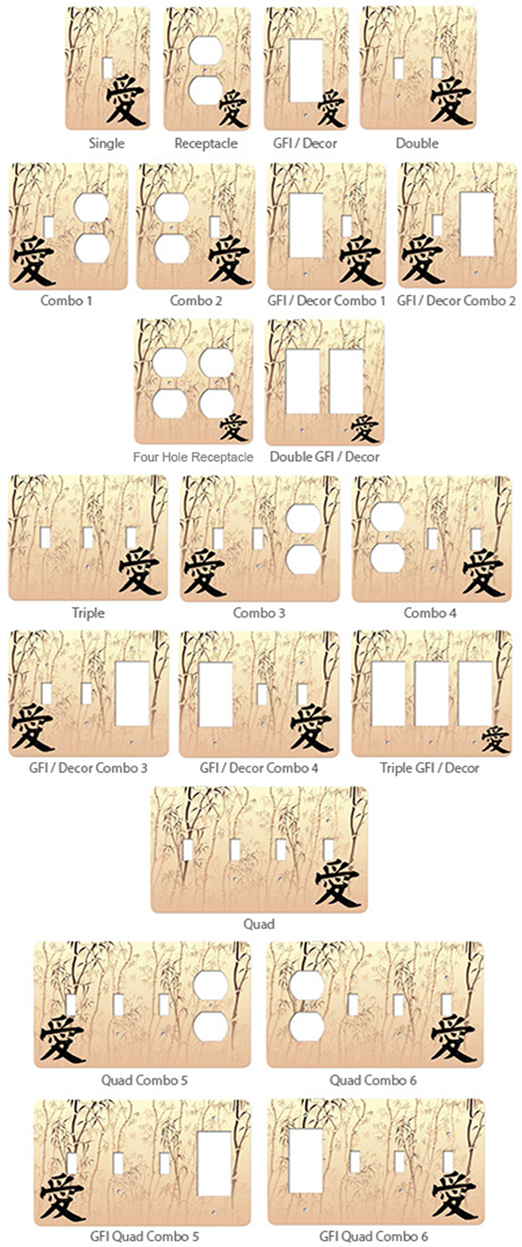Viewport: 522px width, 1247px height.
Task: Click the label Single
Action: point(106,143)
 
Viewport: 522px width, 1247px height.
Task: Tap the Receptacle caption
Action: point(206,143)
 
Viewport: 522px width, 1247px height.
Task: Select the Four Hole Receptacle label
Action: point(193,457)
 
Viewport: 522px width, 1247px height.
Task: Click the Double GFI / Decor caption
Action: point(324,457)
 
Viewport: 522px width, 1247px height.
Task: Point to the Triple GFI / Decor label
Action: point(429,768)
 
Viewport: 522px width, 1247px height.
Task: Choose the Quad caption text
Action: point(259,924)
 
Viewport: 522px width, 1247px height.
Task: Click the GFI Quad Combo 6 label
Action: point(373,1236)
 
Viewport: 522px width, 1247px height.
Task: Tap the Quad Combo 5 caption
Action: point(144,1080)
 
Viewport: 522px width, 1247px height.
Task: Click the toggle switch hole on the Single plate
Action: point(108,68)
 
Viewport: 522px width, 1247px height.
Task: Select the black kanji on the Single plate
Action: point(125,100)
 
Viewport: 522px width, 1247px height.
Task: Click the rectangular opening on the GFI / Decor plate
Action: point(306,70)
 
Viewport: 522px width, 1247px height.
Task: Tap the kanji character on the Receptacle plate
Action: point(232,108)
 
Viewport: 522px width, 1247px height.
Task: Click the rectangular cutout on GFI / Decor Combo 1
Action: point(306,225)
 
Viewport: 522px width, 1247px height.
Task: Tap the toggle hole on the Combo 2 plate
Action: point(215,226)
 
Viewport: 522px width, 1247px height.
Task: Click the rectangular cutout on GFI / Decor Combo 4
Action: point(216,694)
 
